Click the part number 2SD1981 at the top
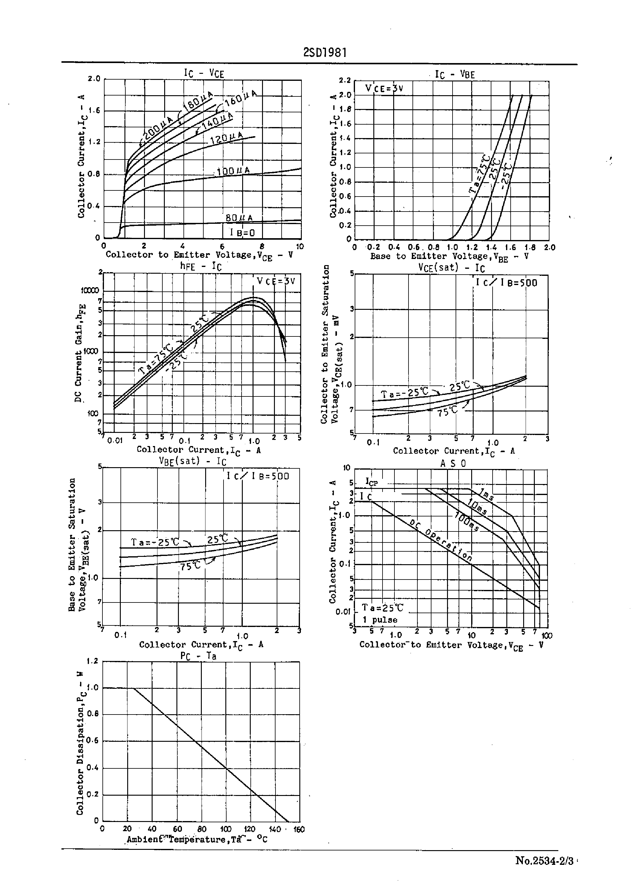point(325,53)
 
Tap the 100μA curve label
point(233,171)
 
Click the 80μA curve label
point(239,218)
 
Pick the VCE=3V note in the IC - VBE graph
point(384,88)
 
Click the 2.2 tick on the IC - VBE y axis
point(345,81)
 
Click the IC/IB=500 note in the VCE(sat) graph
point(506,283)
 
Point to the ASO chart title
point(453,463)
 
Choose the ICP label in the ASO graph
point(371,482)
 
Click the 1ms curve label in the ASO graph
point(487,495)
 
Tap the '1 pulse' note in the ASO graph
point(379,620)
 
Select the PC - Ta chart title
point(198,656)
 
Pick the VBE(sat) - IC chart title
point(192,461)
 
